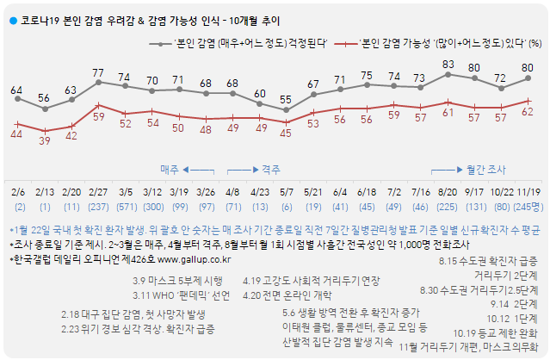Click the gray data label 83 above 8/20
click(448, 65)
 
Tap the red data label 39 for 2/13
click(45, 140)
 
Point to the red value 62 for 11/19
click(528, 111)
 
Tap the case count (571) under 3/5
click(126, 208)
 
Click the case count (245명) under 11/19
click(527, 208)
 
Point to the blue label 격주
click(271, 170)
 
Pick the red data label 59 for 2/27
click(98, 115)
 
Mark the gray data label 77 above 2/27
click(98, 72)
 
